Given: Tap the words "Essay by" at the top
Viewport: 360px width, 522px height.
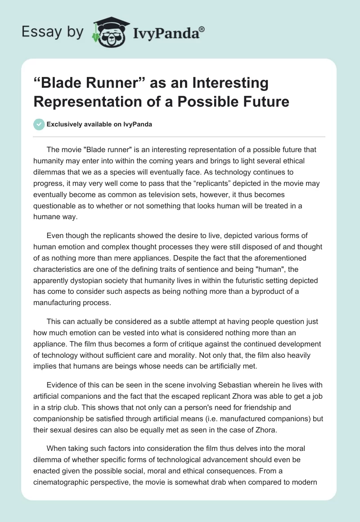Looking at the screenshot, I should (53, 32).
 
